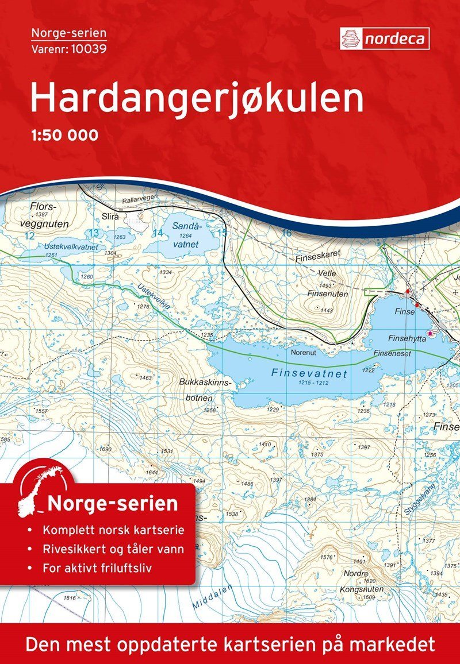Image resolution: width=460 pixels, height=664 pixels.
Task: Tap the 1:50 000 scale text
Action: coord(64,136)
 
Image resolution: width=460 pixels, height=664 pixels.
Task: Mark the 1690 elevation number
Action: coord(105,449)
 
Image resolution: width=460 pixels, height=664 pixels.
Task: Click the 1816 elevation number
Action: coord(70,599)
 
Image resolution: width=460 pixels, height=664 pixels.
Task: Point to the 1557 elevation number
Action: coord(41,412)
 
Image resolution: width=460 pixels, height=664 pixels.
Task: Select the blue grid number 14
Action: coord(158,233)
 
